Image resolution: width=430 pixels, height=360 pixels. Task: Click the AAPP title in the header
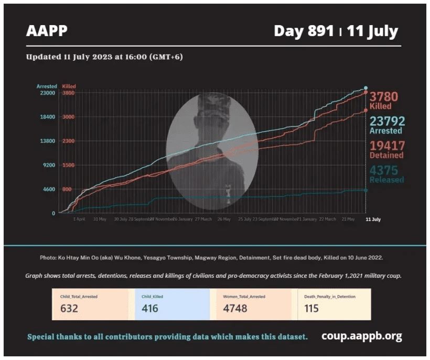[47, 31]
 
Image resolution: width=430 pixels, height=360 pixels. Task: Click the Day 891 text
[304, 31]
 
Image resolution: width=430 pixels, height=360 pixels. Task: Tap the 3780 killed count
[384, 97]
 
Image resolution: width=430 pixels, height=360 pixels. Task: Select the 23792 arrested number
[387, 122]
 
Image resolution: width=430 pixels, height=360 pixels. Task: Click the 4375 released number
[384, 170]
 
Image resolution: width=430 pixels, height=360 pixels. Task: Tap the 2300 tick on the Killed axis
[69, 141]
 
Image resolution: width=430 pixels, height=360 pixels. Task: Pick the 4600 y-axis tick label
[47, 189]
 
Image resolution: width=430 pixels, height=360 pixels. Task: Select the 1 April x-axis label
[79, 219]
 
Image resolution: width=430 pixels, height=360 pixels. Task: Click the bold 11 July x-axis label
[373, 219]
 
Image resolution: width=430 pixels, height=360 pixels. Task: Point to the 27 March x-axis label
[203, 219]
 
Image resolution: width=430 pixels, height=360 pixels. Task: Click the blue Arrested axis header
[47, 86]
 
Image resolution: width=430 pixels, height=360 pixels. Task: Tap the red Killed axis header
[69, 86]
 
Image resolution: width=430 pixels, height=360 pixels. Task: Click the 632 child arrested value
[69, 308]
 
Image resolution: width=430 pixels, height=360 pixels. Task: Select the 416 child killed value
[150, 308]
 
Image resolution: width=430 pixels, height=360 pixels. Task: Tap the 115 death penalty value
[311, 308]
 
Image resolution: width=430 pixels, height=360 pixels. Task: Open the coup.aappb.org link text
[362, 336]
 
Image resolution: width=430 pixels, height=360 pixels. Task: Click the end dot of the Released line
[365, 190]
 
